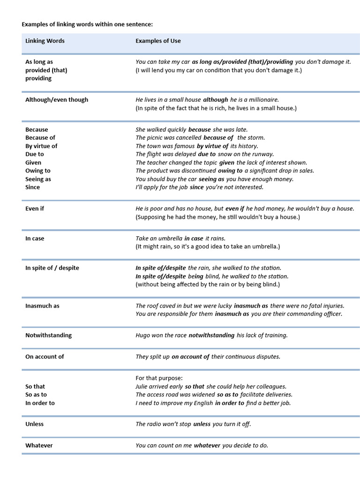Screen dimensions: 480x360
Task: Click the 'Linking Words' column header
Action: pos(45,41)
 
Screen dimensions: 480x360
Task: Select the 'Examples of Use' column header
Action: pos(158,41)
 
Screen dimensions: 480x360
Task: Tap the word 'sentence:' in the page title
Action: pos(139,24)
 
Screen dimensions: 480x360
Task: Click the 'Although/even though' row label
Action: pos(57,100)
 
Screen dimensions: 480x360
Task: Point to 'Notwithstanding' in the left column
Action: pos(48,335)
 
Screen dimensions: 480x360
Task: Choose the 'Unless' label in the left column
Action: pos(34,424)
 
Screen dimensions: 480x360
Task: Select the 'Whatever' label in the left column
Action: pos(39,445)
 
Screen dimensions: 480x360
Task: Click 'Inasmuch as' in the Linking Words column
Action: pos(42,306)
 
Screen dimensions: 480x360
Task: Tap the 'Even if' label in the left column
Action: pos(35,209)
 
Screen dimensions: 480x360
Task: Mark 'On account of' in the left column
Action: pos(45,357)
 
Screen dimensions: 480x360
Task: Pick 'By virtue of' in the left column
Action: pos(41,146)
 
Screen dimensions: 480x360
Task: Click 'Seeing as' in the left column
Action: pos(38,179)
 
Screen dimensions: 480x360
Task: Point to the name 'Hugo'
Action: pos(143,335)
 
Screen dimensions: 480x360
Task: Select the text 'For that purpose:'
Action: pos(159,378)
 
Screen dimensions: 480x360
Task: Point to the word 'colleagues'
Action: pos(270,387)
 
